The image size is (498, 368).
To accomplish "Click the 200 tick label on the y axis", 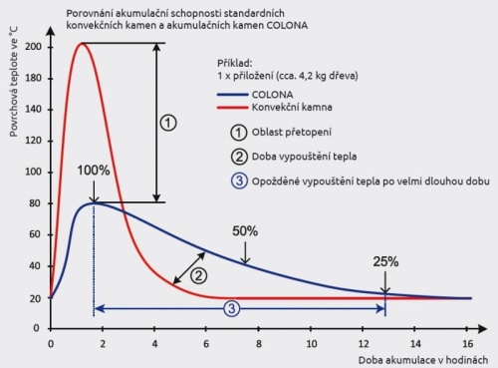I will (32, 47).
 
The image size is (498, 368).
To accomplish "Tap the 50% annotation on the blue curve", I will (245, 231).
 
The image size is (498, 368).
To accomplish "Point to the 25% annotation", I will (386, 262).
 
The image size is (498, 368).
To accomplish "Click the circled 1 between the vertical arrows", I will (168, 122).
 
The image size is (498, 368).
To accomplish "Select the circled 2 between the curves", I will (199, 275).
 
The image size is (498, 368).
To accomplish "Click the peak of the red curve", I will (82, 43).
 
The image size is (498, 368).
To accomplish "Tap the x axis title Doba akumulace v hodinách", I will (419, 359).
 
